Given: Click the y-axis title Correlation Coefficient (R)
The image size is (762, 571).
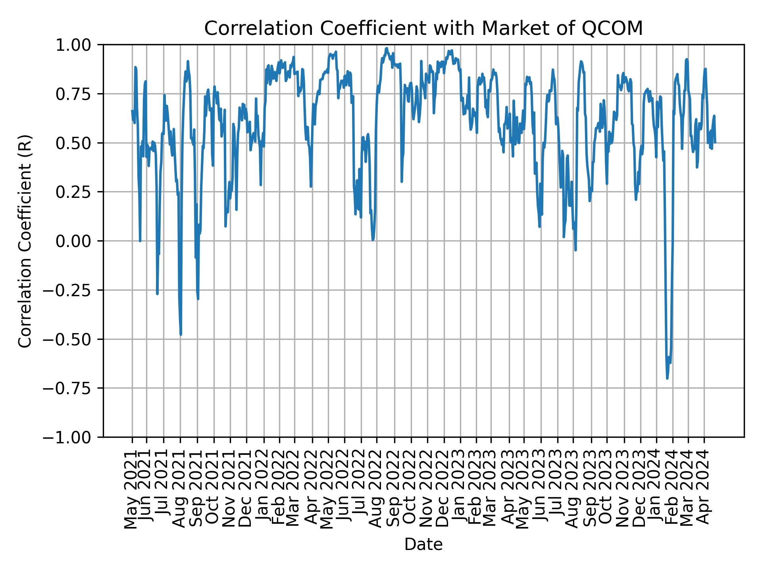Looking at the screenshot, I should click(25, 241).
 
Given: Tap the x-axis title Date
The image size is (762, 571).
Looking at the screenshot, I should click(423, 545).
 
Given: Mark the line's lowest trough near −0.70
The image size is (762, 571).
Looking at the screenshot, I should click(667, 378).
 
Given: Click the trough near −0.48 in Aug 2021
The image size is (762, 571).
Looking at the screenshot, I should click(181, 335).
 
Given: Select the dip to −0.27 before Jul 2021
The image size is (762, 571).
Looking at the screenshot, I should click(157, 294).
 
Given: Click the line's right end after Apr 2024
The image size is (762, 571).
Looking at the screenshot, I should click(715, 142).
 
